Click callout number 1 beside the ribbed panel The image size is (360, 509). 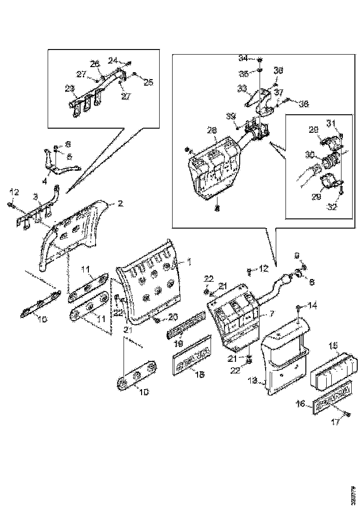[x=189, y=262]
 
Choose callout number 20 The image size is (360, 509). [x=173, y=317]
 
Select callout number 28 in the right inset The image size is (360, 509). [x=212, y=131]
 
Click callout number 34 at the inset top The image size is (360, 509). [x=243, y=58]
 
